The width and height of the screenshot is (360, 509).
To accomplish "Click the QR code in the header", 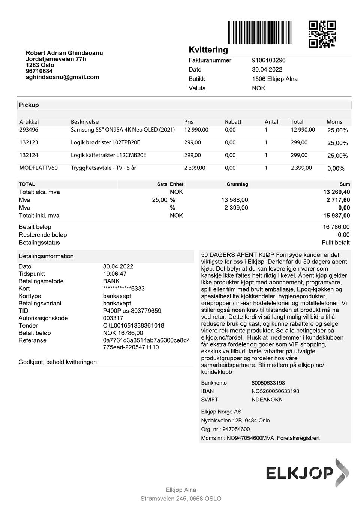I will click(x=322, y=34).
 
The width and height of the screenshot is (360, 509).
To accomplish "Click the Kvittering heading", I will click(x=208, y=50).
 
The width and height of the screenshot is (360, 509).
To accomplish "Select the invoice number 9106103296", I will click(x=268, y=60).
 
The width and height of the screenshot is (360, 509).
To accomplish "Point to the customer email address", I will click(x=62, y=77).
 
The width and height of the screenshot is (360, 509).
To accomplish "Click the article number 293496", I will click(x=29, y=130).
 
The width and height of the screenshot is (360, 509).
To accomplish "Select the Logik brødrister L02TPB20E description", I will click(x=105, y=142).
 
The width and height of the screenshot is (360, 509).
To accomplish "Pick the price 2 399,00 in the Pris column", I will click(x=195, y=168).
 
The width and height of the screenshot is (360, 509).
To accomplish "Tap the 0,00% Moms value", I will click(x=336, y=169).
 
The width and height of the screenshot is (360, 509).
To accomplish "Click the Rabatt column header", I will click(x=233, y=122).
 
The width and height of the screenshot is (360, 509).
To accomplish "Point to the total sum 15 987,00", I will click(x=336, y=216).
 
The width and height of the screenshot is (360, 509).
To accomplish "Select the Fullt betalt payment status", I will click(x=336, y=243).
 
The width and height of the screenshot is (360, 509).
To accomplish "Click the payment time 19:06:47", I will click(x=115, y=274).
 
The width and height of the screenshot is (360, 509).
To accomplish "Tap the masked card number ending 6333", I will click(x=124, y=289).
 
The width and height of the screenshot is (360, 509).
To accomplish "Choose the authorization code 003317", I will click(x=113, y=318).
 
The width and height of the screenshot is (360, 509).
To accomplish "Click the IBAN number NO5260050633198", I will click(x=275, y=391).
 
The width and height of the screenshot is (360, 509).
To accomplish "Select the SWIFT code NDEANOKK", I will click(x=267, y=400).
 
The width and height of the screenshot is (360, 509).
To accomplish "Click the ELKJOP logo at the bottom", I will click(x=307, y=472).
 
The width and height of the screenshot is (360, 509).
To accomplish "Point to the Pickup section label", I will click(x=29, y=105).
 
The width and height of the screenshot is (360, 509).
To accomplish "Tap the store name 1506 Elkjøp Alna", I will click(x=274, y=79).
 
